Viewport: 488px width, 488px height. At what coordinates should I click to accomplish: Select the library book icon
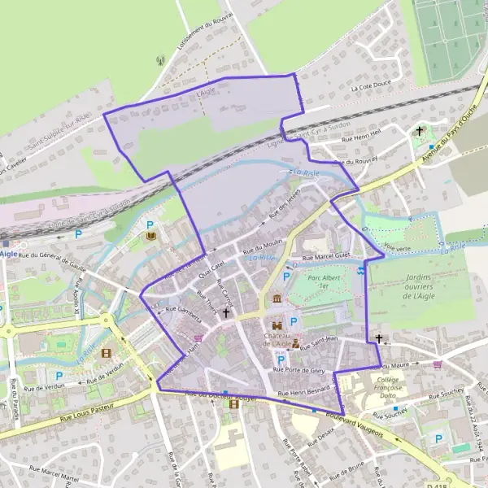pos(150,237)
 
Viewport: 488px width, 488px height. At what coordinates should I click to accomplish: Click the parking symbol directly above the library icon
pos(150,225)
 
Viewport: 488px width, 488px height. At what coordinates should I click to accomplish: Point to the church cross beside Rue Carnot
pos(226,312)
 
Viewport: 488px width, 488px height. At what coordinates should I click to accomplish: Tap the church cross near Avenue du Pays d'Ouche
pos(420,130)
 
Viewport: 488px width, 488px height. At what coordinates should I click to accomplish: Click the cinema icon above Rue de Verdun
pos(106,353)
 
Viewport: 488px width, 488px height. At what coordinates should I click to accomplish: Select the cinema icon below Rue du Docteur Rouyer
pos(234,403)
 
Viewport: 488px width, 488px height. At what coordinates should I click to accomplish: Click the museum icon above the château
pos(278,300)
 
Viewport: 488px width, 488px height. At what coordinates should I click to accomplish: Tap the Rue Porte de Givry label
pos(299,370)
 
